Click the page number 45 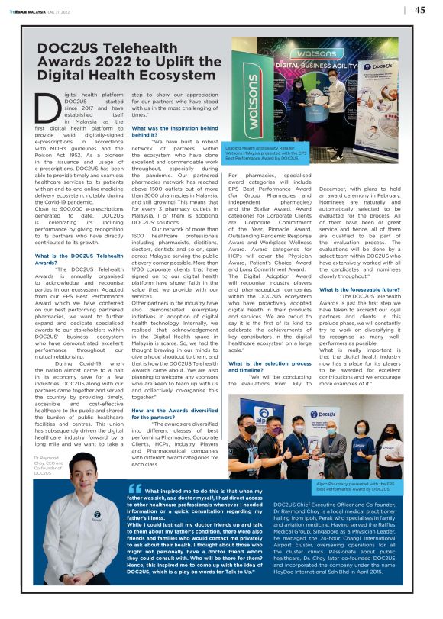pos(420,10)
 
